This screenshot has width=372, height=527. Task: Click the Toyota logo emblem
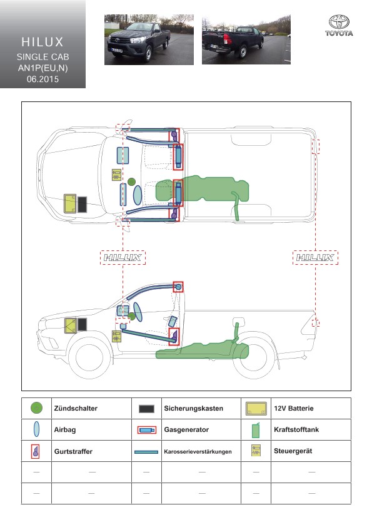339,22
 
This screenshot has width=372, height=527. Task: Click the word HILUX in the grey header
43,42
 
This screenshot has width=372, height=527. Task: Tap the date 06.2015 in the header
43,79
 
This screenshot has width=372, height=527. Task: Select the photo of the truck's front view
149,39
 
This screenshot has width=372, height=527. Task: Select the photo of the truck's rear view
246,39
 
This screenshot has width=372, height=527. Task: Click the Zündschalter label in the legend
76,408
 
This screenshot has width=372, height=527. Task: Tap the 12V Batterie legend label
294,408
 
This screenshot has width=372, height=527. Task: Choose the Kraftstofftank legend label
296,429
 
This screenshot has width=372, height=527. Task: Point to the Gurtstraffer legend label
73,451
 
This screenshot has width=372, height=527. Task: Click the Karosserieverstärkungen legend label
198,451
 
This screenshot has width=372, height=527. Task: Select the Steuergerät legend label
293,451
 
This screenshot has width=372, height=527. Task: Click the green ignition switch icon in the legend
36,408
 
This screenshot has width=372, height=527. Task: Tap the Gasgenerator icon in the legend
147,430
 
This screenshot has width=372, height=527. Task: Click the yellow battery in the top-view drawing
70,203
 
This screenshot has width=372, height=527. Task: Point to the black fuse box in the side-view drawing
83,324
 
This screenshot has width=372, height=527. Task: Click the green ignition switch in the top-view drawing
131,182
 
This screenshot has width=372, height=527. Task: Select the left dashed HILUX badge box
123,257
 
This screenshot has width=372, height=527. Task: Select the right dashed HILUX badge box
315,257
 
